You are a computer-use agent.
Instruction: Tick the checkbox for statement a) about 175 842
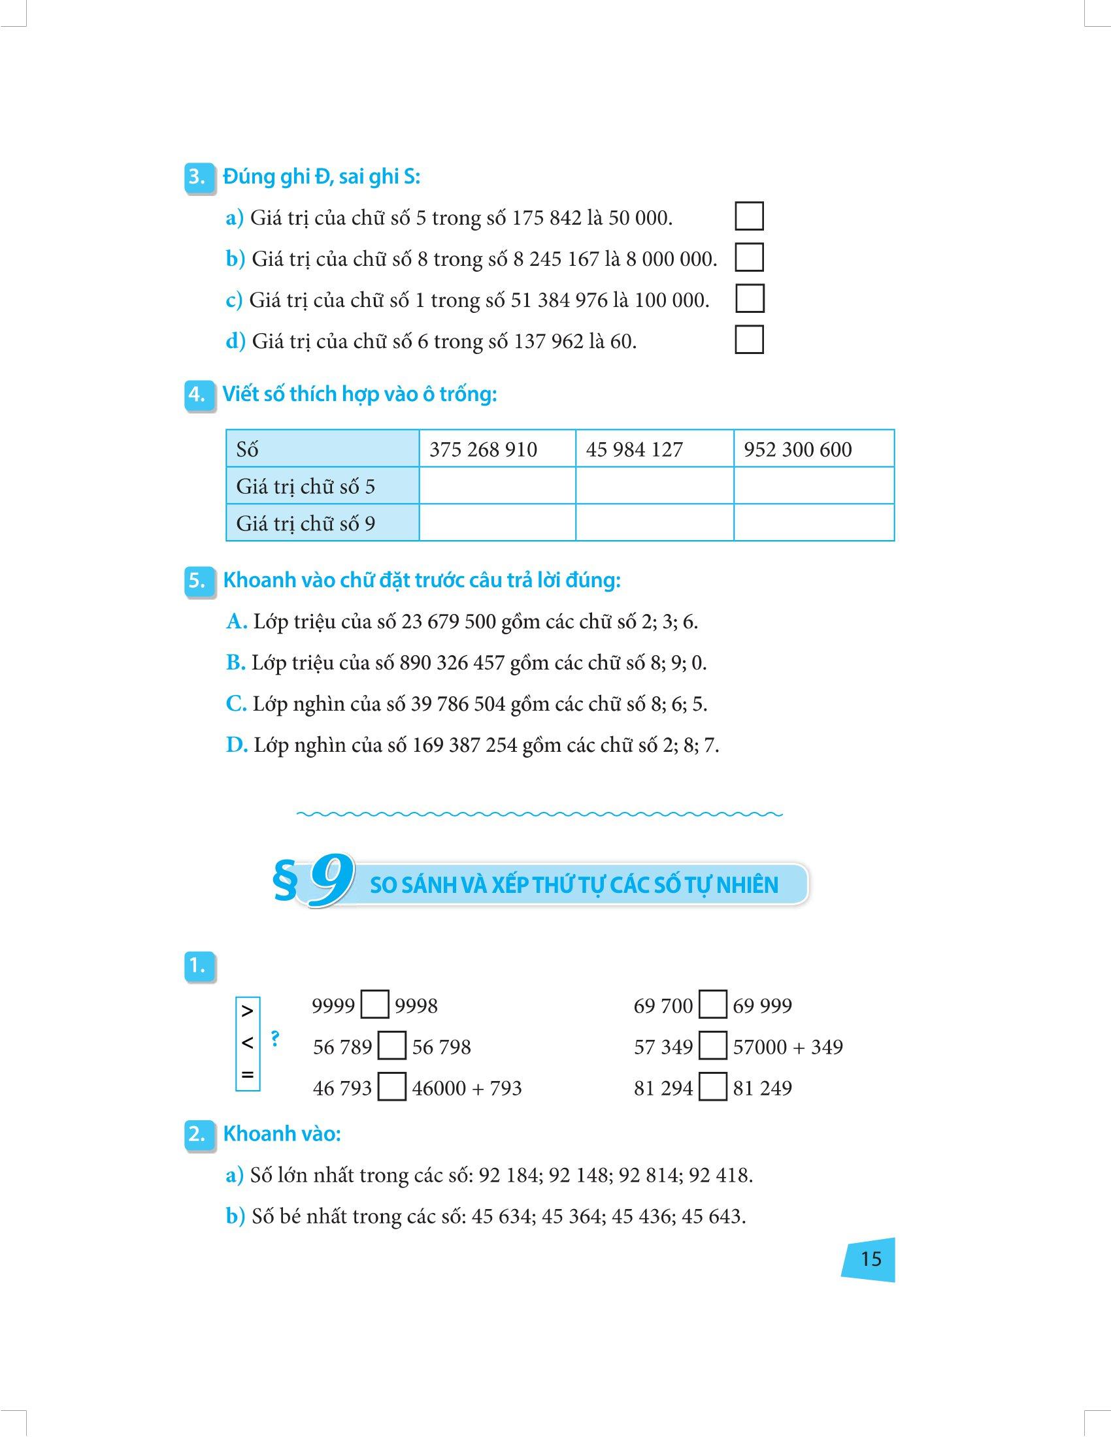[749, 216]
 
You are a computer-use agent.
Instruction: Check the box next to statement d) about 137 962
[749, 340]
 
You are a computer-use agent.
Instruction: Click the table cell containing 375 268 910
[483, 449]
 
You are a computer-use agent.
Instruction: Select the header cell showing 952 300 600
[798, 449]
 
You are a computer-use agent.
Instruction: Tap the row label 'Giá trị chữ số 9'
[306, 524]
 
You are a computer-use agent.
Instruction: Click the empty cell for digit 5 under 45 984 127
[654, 486]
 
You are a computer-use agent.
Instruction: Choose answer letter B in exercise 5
[235, 662]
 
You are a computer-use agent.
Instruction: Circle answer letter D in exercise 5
[236, 745]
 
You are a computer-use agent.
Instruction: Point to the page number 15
[870, 1259]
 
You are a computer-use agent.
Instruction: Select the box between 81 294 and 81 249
[713, 1088]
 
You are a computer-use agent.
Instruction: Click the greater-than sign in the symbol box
[248, 1010]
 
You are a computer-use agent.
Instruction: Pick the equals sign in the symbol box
[248, 1075]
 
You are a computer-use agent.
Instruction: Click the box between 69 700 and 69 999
[713, 1005]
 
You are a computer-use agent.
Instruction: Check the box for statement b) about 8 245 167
[749, 258]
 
